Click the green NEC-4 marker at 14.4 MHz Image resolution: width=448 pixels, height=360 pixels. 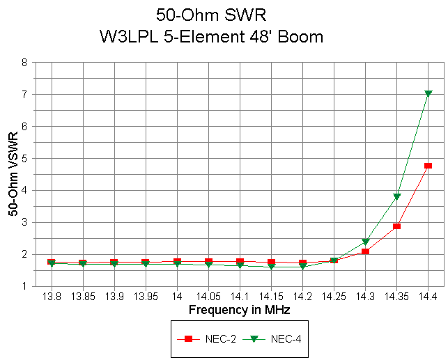coord(428,93)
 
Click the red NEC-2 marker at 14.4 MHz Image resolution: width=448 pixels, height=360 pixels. coord(428,166)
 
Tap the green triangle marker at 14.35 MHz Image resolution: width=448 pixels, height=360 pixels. coord(397,197)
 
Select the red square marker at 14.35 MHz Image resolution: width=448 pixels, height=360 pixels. coord(396,226)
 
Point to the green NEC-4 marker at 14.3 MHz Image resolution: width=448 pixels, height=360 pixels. coord(366,242)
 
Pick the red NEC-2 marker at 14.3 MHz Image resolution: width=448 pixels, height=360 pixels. coord(365,251)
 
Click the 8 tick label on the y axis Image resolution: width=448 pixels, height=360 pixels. coord(24,62)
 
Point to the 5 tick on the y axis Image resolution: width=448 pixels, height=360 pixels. coord(24,158)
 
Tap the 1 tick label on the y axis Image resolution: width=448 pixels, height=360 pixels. coord(24,286)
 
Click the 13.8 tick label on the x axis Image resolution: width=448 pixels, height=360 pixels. coord(52,296)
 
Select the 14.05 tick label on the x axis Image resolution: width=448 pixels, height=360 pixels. coord(208,296)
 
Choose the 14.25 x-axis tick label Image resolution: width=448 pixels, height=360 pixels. coord(334,296)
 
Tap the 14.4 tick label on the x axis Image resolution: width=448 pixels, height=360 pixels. coord(428,296)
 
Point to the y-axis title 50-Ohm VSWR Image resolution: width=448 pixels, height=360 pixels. coord(13,174)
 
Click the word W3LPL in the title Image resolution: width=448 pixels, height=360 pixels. coord(129,37)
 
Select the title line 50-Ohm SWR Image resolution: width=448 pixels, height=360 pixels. coord(212,15)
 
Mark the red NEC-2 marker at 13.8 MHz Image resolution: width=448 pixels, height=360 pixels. coord(52,263)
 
